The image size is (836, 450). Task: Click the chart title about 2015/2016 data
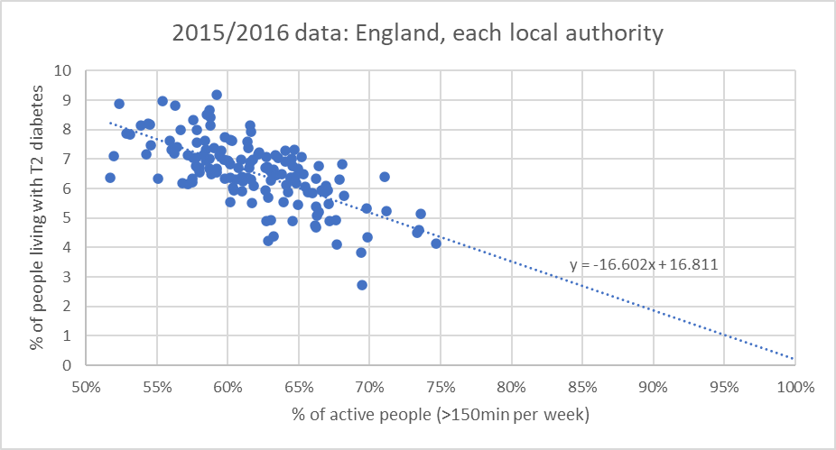[x=418, y=34]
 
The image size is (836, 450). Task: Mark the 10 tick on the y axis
[x=64, y=70]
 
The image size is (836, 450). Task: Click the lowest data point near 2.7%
[x=362, y=285]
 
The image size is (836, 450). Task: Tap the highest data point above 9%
[x=217, y=95]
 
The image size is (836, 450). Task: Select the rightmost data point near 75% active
[x=436, y=243]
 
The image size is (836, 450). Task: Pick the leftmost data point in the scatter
[x=110, y=178]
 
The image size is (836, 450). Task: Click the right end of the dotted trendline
[x=794, y=358]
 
